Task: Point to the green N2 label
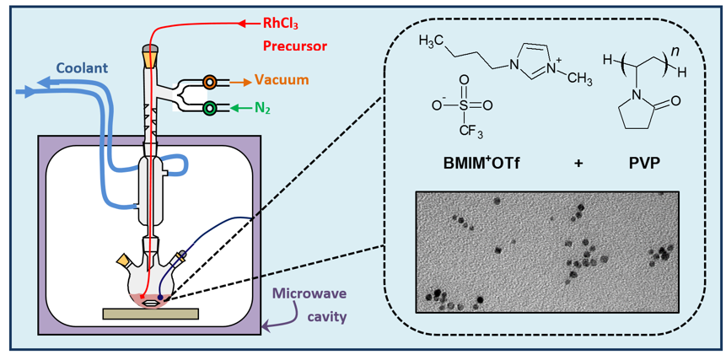[x=266, y=108]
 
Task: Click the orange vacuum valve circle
[x=210, y=82]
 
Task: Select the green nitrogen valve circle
[x=210, y=108]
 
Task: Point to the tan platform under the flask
[x=150, y=314]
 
